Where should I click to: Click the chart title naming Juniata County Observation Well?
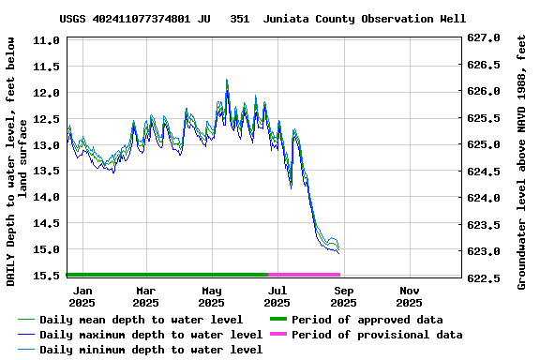(x=262, y=19)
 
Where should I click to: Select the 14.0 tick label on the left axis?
(x=47, y=197)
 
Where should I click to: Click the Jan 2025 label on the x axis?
(x=82, y=296)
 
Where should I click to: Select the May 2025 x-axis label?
(x=211, y=296)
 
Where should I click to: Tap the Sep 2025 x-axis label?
(x=343, y=296)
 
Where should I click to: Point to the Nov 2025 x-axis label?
(x=409, y=296)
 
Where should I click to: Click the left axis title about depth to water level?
(x=16, y=161)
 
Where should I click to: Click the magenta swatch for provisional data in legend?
(x=278, y=335)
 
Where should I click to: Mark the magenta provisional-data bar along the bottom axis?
(x=305, y=275)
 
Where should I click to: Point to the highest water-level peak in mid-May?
(x=227, y=82)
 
